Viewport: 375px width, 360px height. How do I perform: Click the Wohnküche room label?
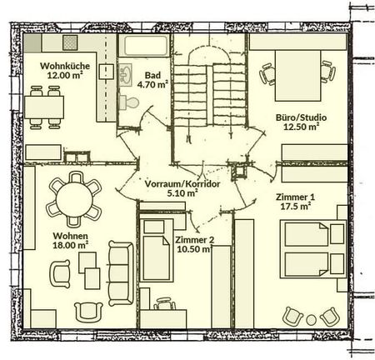[x=55, y=66]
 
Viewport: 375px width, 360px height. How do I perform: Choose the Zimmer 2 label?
[x=194, y=240]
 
